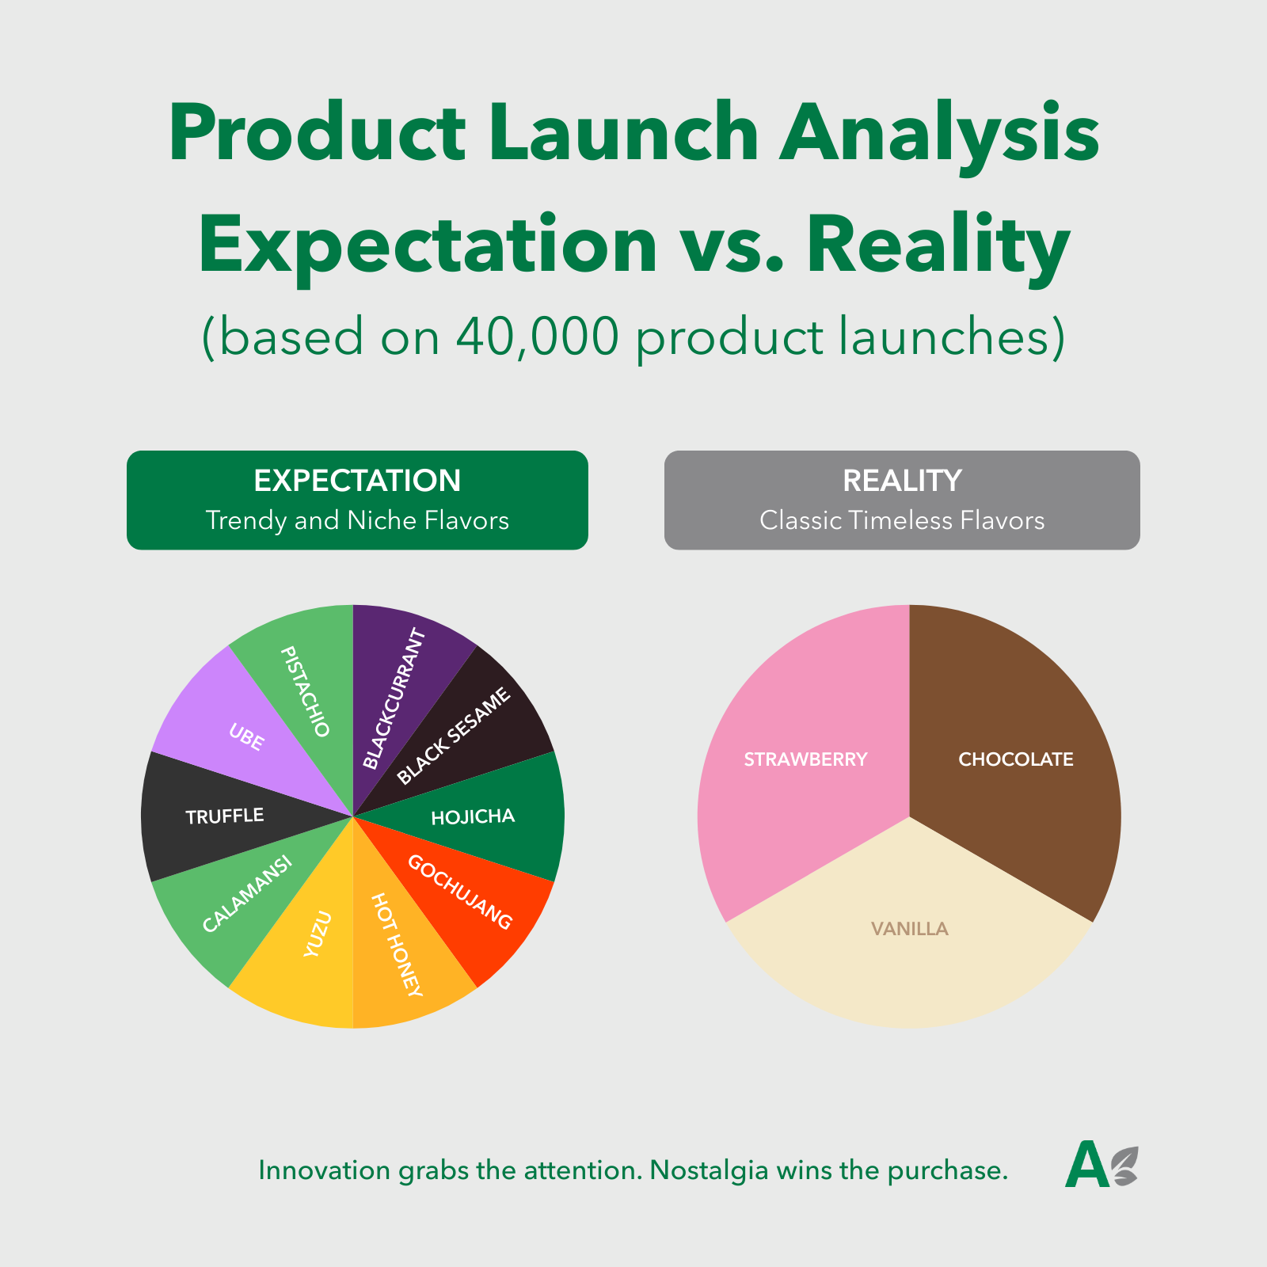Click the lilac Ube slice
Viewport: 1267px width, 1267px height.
tap(238, 732)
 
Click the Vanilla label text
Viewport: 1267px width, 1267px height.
tap(909, 929)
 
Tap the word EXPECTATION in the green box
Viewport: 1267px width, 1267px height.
tap(357, 481)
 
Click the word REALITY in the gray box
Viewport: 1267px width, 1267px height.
tap(902, 481)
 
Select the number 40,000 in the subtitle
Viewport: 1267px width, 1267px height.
tap(537, 337)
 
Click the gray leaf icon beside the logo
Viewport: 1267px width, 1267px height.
tap(1124, 1166)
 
